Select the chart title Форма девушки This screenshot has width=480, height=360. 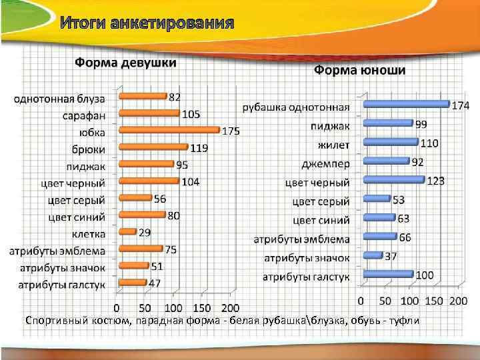click(x=125, y=63)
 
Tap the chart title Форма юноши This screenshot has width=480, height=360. click(x=360, y=70)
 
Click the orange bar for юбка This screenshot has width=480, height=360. click(x=169, y=130)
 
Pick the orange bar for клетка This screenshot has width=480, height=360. click(x=127, y=232)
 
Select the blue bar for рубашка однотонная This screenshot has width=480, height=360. click(x=407, y=103)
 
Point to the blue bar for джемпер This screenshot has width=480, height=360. click(x=386, y=161)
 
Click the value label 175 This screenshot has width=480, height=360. click(x=231, y=131)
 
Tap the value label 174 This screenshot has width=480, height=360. click(x=461, y=105)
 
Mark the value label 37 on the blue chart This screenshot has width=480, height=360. click(x=392, y=256)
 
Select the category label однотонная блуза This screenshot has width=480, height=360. click(x=59, y=98)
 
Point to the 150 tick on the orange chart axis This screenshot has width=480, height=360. click(x=201, y=309)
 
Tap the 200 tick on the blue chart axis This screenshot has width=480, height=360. click(x=459, y=301)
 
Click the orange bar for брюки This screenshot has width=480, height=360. click(x=153, y=147)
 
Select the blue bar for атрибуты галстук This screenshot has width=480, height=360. click(x=389, y=274)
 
